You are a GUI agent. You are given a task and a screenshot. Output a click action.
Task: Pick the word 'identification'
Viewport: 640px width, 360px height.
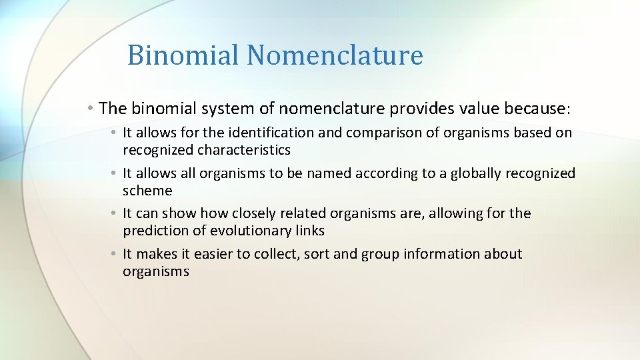tap(255, 133)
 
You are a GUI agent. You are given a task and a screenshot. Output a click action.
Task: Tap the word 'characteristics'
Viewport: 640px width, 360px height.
tap(243, 150)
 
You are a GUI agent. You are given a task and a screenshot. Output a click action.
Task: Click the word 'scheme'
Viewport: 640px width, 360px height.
tap(147, 191)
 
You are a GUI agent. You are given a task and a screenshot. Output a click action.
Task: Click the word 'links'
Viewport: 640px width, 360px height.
tap(310, 231)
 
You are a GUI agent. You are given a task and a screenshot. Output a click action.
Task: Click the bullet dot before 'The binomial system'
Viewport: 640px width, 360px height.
tap(89, 107)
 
